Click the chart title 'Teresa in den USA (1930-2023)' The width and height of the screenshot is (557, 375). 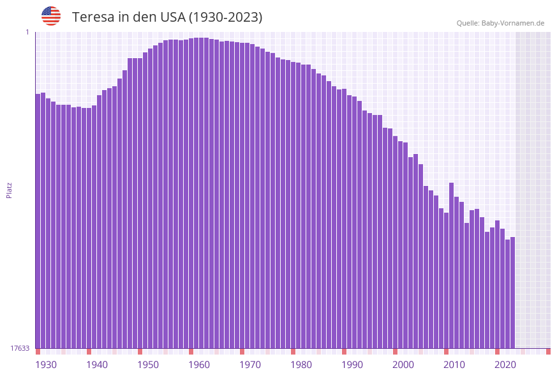(167, 17)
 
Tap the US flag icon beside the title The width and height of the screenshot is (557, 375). (51, 16)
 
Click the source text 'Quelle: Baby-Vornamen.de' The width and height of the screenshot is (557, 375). (500, 23)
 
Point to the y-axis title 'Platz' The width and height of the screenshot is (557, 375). (10, 190)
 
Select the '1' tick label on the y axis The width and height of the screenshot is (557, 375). (27, 32)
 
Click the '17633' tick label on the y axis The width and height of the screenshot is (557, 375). (20, 348)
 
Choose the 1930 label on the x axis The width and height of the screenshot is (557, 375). (46, 365)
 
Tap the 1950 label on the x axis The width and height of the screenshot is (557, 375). (148, 365)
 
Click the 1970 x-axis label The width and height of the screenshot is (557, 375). (250, 365)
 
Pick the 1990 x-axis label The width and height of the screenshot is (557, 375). (352, 365)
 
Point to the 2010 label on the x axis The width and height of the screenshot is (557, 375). (454, 365)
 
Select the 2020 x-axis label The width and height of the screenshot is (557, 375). (505, 365)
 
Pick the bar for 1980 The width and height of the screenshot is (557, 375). (293, 205)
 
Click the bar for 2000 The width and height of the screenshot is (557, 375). (396, 242)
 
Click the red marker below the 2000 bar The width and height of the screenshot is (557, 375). (396, 351)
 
